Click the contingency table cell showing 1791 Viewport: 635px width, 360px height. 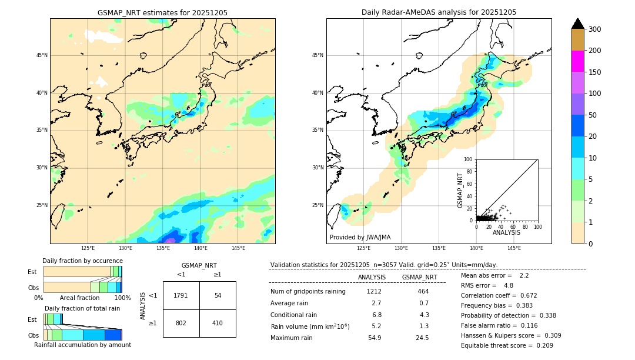[x=181, y=295]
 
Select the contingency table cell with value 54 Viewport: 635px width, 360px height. [x=218, y=295]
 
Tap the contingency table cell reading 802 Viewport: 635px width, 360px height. [x=181, y=323]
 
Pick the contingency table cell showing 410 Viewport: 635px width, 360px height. [x=218, y=323]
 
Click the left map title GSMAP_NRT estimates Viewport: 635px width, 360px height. [x=162, y=12]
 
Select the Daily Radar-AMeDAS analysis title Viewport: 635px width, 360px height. [x=439, y=12]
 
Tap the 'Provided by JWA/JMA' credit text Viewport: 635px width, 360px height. [x=360, y=238]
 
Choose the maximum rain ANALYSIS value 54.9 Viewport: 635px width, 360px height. [x=375, y=338]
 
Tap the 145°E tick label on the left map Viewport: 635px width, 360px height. [x=238, y=248]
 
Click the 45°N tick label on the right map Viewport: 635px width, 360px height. [x=317, y=56]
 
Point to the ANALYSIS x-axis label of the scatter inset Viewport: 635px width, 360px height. [x=506, y=232]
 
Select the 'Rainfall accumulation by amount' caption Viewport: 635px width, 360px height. [x=83, y=345]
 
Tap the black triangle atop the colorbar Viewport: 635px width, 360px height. [x=578, y=24]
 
